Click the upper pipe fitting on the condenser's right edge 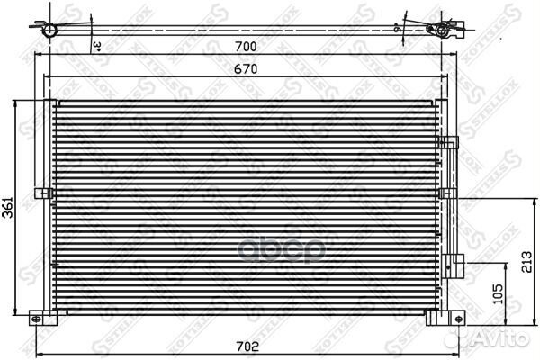[449, 144]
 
